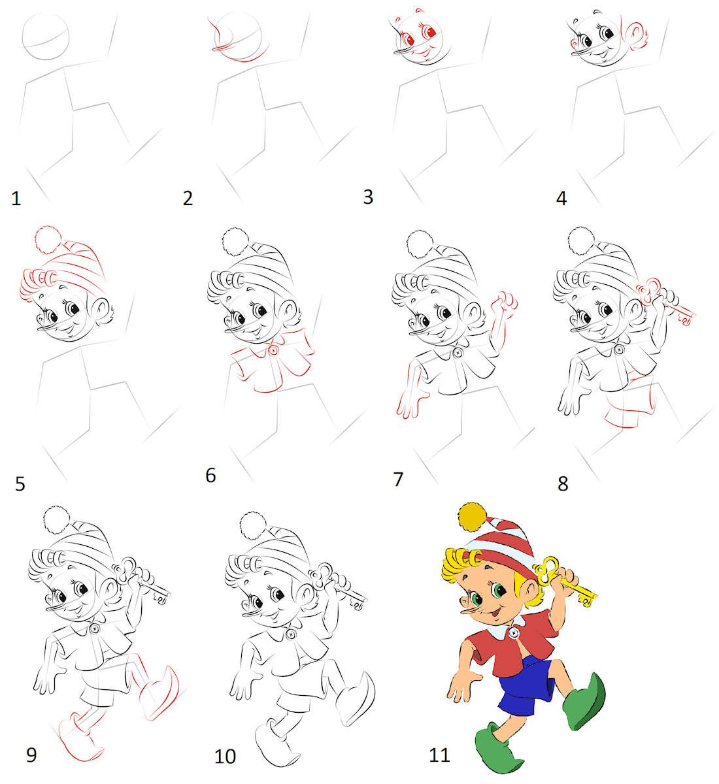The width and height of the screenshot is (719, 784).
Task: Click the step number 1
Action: pos(16,199)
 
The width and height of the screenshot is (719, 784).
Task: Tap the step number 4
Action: pos(561,199)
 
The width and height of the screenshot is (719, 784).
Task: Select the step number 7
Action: pos(398,480)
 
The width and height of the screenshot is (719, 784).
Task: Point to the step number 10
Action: pos(225,757)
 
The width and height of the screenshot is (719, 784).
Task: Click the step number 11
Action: pos(439,755)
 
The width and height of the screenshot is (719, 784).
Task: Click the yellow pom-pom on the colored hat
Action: pos(473,517)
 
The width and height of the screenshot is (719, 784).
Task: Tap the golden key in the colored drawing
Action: pos(563,580)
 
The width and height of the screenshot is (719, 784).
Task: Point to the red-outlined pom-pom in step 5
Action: pos(48,239)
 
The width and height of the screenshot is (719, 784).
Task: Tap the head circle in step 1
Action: pos(46,36)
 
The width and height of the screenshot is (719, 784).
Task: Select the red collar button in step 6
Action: pos(273,350)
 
